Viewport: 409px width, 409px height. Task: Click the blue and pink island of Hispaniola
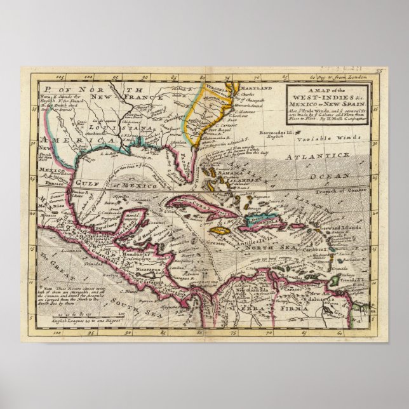[263, 218]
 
